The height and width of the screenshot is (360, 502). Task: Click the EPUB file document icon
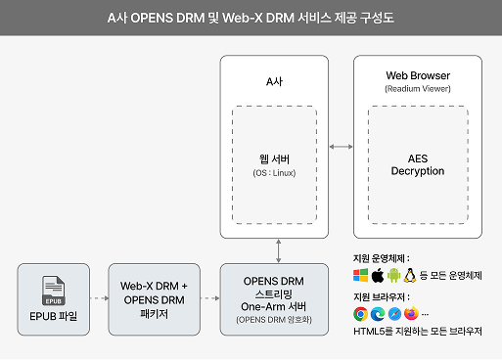(53, 288)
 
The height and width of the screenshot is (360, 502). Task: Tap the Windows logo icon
(362, 275)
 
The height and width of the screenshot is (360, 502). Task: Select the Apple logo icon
(378, 275)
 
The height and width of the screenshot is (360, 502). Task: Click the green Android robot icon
(393, 275)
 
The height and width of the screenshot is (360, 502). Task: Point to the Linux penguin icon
(410, 275)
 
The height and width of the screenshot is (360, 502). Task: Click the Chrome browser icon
(361, 314)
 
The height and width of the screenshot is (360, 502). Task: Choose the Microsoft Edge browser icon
(378, 314)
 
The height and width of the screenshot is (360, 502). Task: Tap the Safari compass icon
(393, 314)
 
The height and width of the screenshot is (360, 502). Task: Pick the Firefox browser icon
(410, 314)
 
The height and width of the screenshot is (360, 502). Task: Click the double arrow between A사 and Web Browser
(342, 147)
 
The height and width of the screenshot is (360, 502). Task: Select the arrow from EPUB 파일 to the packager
(98, 294)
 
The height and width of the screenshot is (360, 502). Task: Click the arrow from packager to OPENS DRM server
(209, 294)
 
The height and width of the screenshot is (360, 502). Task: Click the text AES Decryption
(418, 164)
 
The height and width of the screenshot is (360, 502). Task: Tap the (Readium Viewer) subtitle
(418, 88)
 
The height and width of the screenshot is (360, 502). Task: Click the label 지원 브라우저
(382, 295)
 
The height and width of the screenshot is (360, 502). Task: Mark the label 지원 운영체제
(382, 257)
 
